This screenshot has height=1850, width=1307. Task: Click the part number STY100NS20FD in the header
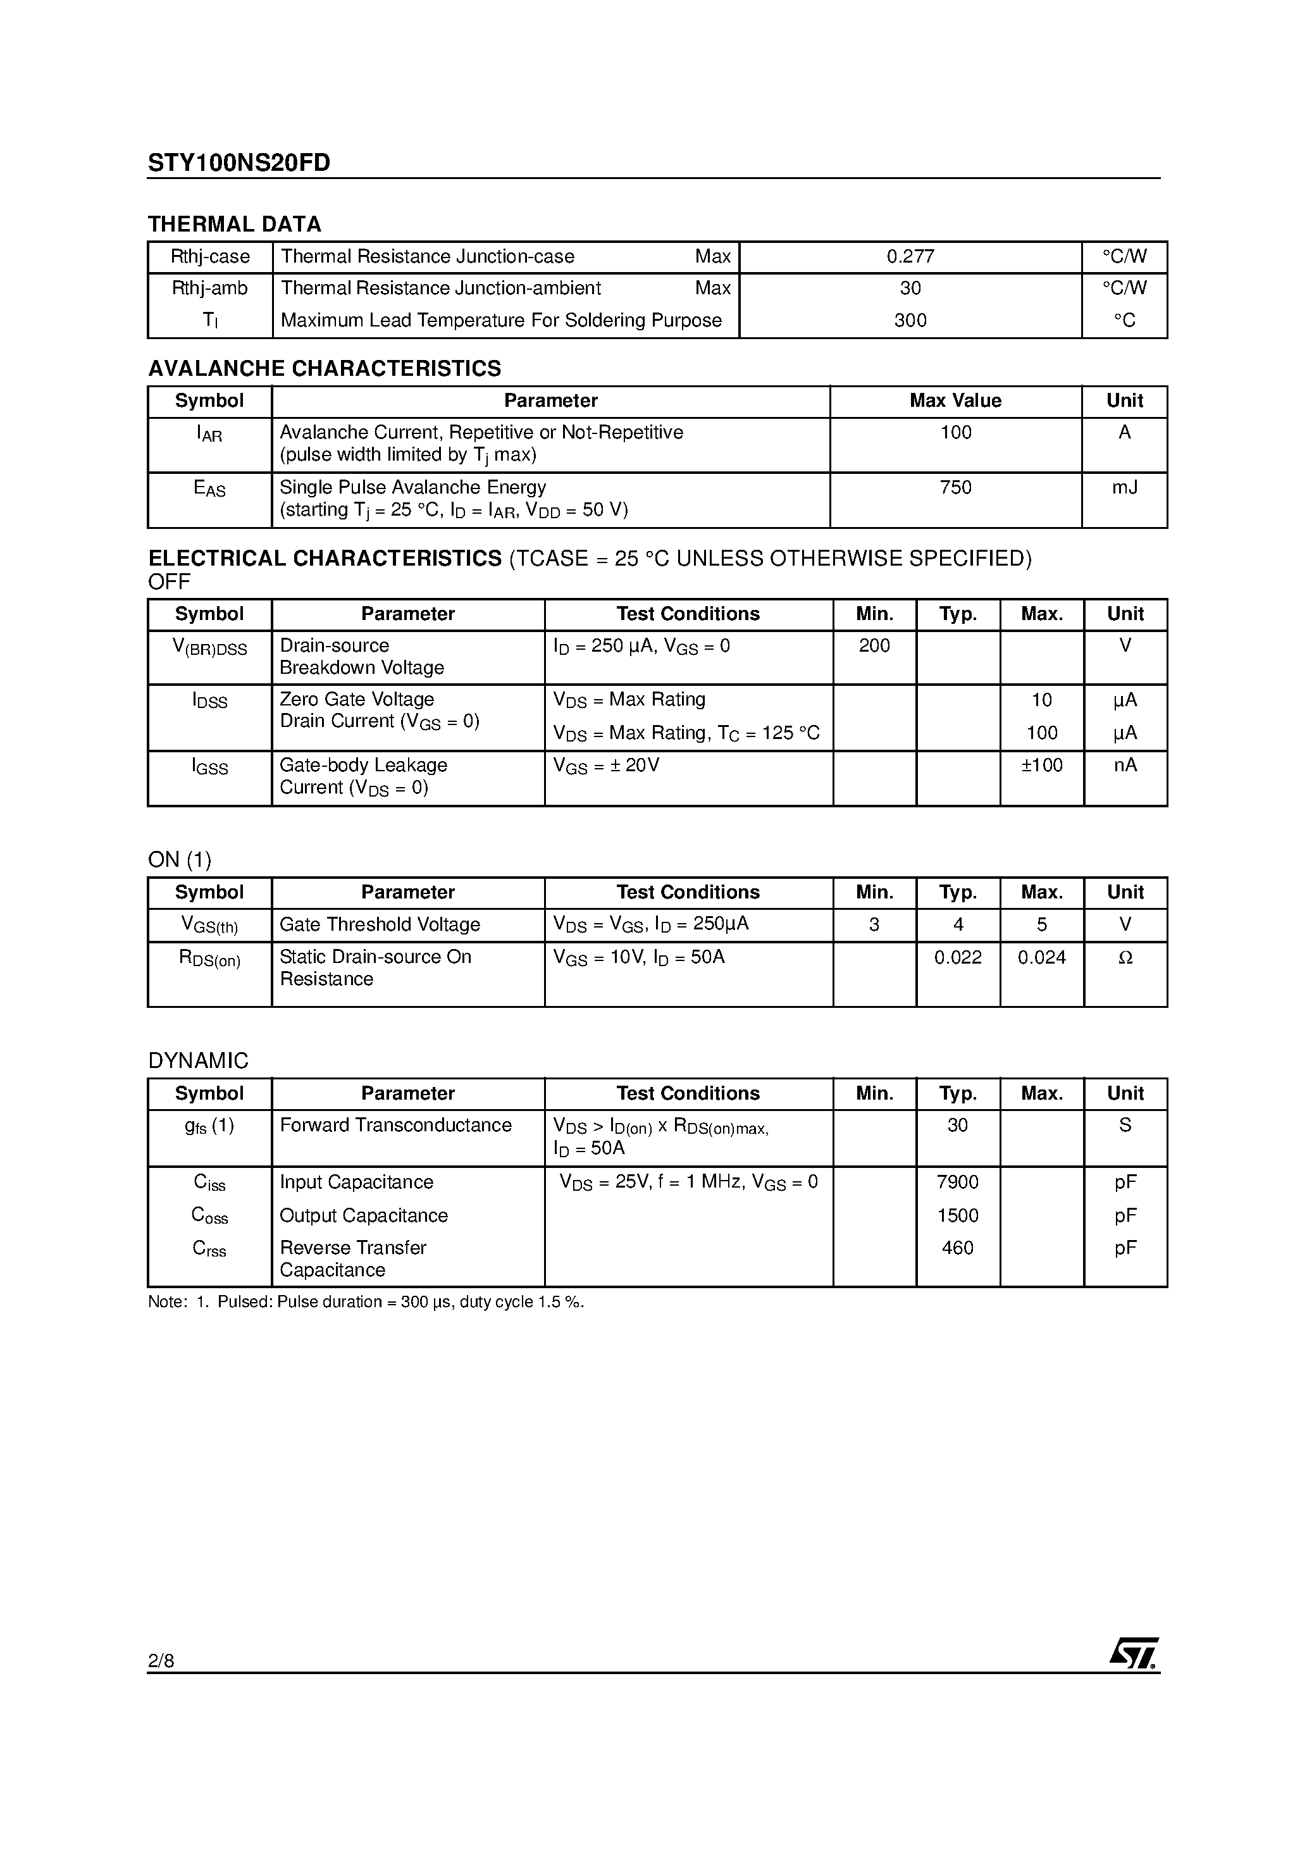tap(238, 163)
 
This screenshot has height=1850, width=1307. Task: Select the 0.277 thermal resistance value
tap(910, 256)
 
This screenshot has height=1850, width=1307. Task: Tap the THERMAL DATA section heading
tap(235, 224)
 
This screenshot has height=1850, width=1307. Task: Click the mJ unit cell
tap(1124, 487)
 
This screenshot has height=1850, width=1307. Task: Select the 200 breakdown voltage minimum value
tap(874, 645)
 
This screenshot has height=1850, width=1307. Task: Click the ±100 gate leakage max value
tap(1041, 765)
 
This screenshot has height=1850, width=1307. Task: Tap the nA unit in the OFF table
tap(1125, 765)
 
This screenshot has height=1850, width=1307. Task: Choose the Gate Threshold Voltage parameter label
tap(380, 924)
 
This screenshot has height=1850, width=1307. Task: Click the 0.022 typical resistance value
tap(957, 957)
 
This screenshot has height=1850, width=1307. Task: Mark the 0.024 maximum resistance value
tap(1041, 957)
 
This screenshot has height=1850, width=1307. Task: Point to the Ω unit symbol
tap(1125, 957)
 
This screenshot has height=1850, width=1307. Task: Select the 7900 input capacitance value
tap(957, 1182)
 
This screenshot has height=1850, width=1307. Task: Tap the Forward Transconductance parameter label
tap(395, 1125)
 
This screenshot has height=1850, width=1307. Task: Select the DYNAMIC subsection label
tap(198, 1060)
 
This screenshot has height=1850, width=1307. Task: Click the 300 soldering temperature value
tap(910, 320)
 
